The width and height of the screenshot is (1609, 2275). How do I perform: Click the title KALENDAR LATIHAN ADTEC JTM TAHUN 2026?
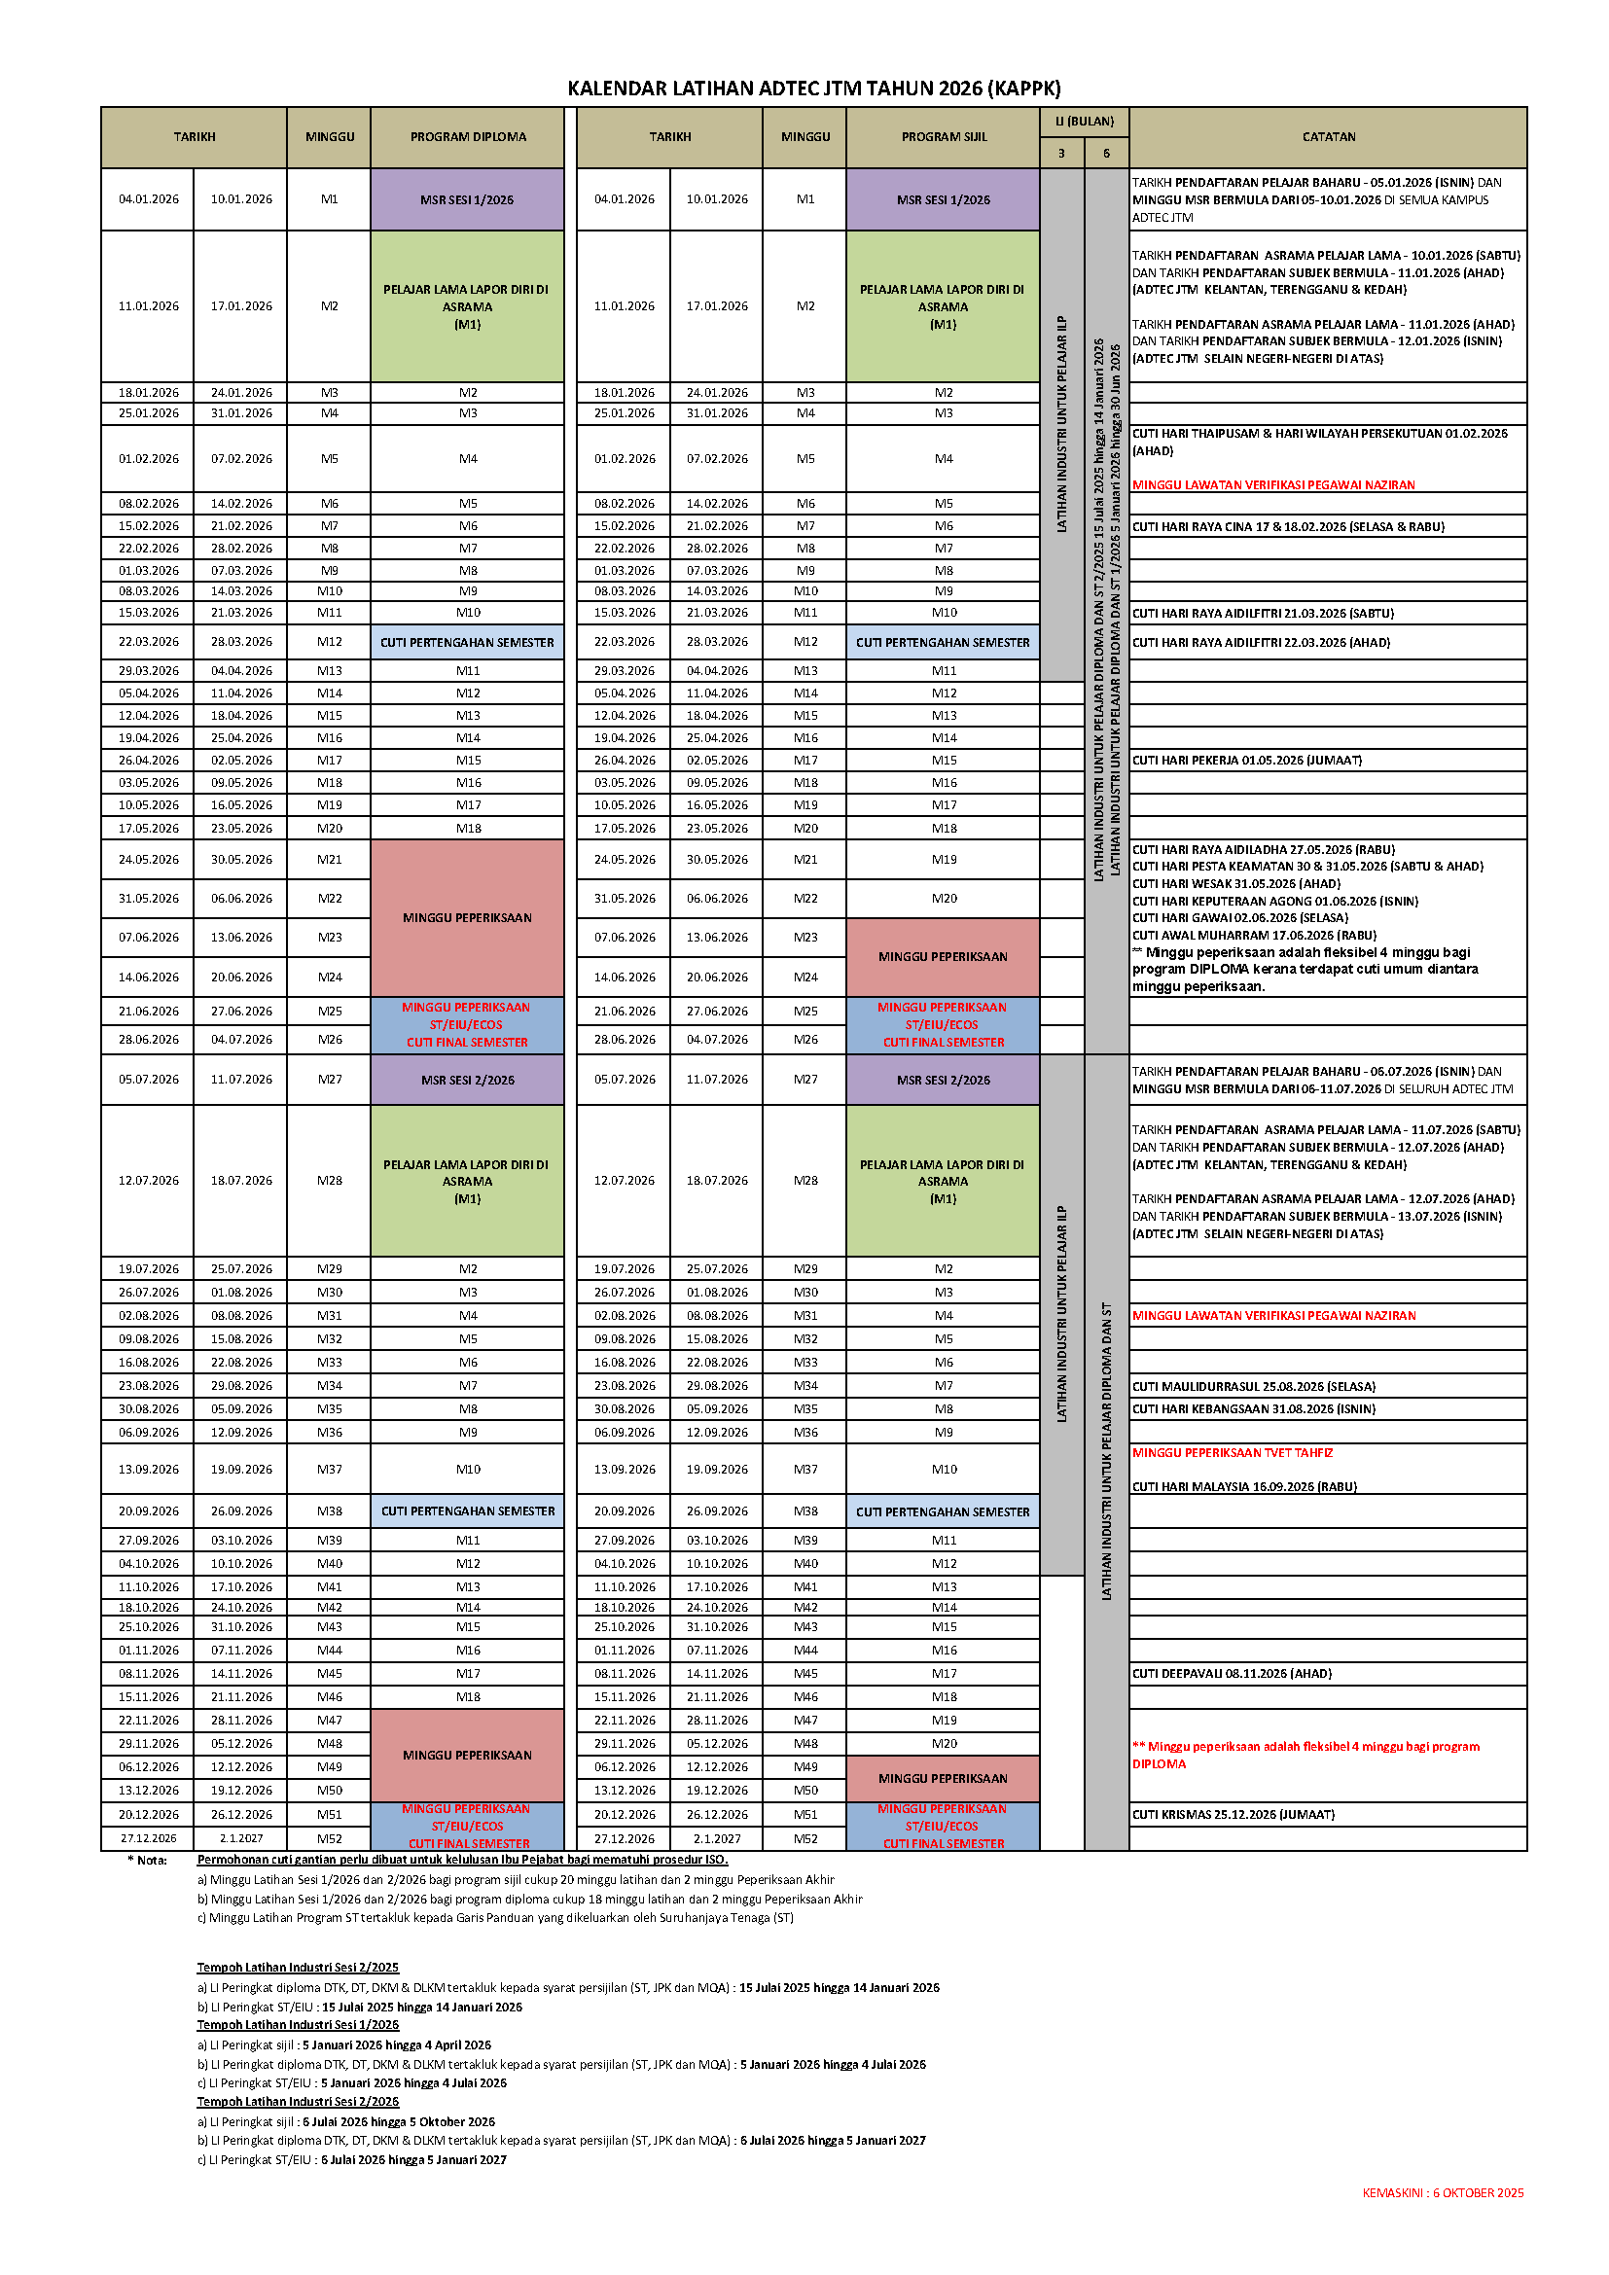pos(813,89)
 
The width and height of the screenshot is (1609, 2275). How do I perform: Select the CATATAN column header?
pos(1328,137)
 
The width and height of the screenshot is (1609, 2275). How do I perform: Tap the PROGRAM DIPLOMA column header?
pos(468,137)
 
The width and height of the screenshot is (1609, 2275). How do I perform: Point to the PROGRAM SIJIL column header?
pos(944,137)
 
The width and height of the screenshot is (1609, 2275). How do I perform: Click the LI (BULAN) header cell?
pos(1084,121)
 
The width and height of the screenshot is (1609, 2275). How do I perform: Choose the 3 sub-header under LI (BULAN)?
pos(1061,154)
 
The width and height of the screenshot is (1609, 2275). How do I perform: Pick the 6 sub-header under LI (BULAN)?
pos(1107,154)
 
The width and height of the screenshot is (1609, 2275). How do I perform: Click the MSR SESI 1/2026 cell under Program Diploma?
pos(467,199)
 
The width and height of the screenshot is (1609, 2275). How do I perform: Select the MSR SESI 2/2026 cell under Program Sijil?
pos(944,1080)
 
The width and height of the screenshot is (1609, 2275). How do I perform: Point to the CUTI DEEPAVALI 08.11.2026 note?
pos(1232,1674)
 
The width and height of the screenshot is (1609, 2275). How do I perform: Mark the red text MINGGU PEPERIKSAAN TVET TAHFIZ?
pos(1233,1452)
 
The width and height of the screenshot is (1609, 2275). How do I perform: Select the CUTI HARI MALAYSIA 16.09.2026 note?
pos(1244,1486)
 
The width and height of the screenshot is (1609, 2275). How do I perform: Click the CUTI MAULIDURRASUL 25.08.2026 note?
pos(1253,1386)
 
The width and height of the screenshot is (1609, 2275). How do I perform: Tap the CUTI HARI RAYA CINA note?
pos(1288,526)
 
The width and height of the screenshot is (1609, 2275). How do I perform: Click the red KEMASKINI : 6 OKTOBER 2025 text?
pos(1443,2192)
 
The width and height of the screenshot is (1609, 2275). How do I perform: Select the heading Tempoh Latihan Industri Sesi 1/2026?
pos(299,2025)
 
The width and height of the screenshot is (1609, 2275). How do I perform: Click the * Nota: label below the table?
pos(148,1860)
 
